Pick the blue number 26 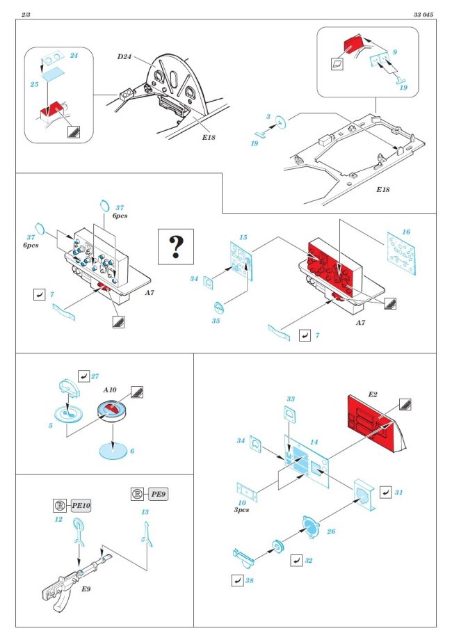pos(331,532)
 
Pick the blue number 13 pos(145,512)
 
